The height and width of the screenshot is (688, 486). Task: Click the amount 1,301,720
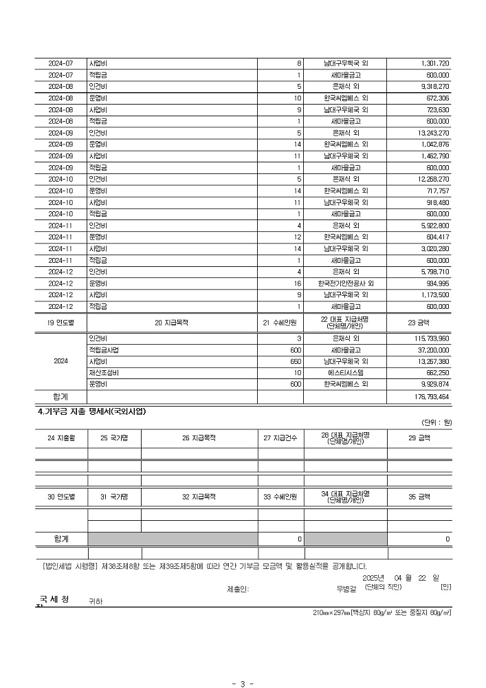point(434,63)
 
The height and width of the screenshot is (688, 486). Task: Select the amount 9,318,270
point(434,87)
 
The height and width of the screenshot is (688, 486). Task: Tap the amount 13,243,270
point(433,133)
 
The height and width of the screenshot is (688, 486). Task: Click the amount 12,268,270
point(433,179)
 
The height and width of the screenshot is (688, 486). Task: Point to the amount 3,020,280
point(434,248)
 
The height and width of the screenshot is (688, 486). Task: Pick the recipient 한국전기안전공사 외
point(345,283)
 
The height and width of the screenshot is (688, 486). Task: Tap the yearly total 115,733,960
point(431,338)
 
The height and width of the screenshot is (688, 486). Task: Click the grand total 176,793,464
point(431,397)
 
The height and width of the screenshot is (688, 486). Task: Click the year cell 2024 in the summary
point(60,361)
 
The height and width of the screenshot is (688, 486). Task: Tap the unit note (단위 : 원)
point(436,422)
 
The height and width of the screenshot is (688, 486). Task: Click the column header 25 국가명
point(114,437)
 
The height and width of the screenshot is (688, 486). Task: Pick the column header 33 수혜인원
point(280,495)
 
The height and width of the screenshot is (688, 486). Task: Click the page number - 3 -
point(243,683)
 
